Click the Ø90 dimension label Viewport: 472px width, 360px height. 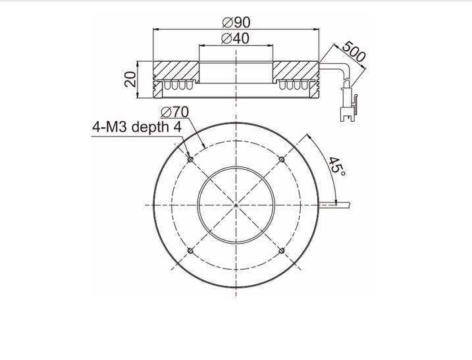tap(236, 22)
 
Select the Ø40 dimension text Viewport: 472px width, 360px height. tap(235, 38)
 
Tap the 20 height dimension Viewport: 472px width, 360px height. tap(130, 79)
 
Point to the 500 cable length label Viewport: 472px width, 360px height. tap(354, 51)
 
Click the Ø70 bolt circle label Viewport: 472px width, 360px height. tap(174, 113)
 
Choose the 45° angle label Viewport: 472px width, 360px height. tap(337, 167)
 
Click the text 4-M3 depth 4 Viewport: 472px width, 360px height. tap(137, 127)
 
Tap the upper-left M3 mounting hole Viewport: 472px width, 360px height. tap(190, 159)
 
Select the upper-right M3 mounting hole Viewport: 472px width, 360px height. tap(282, 159)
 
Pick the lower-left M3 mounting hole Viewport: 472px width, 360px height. tap(190, 251)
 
